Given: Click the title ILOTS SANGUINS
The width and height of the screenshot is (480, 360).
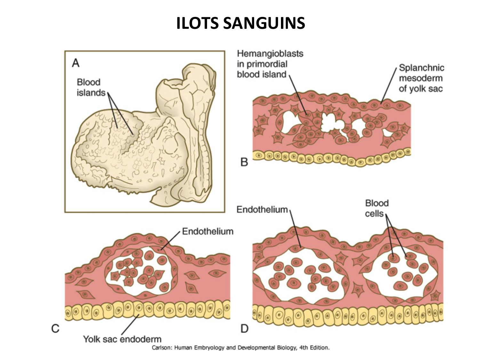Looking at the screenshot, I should (x=240, y=23).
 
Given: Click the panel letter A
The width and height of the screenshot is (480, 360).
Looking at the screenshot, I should (x=76, y=63).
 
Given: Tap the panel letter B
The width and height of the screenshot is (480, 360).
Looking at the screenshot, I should (x=244, y=162).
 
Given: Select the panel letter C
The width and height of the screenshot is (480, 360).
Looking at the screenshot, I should (x=55, y=328).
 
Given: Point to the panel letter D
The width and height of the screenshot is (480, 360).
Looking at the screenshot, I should (x=244, y=328).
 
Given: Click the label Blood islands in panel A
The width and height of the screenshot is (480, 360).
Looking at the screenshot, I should (x=91, y=87).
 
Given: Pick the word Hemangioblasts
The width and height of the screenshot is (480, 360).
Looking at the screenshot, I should (x=270, y=53).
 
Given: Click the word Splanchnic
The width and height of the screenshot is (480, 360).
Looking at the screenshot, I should (x=421, y=68).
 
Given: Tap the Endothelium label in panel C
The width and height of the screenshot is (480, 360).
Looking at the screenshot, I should (x=208, y=231).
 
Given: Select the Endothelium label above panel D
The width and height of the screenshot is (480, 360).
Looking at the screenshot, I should (x=262, y=209).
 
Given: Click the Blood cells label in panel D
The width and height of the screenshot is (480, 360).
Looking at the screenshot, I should (x=376, y=208).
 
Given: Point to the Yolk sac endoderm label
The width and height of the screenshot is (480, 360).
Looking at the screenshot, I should (x=122, y=339).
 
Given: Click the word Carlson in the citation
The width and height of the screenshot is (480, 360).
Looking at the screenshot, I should (x=161, y=348).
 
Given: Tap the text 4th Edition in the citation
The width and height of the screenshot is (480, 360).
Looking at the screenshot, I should (x=314, y=348).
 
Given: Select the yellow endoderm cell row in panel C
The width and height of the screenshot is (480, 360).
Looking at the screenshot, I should (x=147, y=310).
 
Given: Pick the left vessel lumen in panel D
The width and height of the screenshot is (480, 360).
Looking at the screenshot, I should (x=298, y=282).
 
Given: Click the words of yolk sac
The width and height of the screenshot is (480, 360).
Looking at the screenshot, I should (x=420, y=89).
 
